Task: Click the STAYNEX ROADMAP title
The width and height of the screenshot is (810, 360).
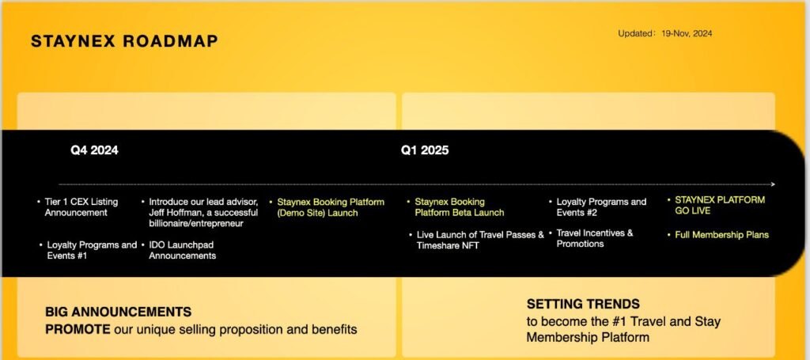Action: [124, 41]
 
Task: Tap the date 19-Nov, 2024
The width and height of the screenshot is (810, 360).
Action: [687, 33]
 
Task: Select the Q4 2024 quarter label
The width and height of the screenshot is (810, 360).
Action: [95, 150]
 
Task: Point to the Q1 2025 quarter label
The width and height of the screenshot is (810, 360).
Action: [425, 150]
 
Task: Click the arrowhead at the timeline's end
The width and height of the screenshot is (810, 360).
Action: [773, 184]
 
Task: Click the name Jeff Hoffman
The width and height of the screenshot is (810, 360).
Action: [172, 213]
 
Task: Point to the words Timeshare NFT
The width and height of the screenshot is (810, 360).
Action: [448, 246]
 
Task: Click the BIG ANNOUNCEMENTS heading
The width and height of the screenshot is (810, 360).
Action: [119, 312]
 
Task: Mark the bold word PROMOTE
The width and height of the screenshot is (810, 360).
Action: [78, 329]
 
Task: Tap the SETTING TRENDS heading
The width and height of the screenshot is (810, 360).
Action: [583, 304]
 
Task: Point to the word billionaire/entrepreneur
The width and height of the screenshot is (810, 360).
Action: [196, 224]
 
